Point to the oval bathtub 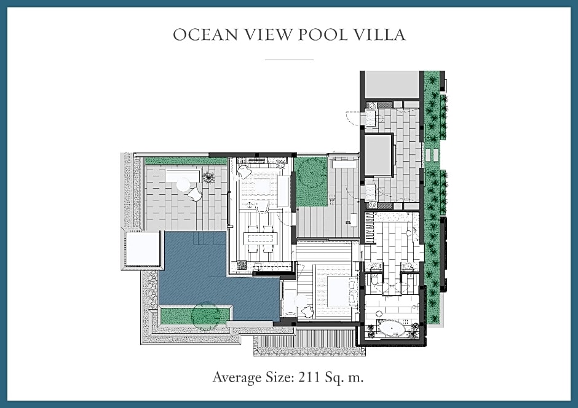point(392,328)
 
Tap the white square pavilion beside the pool point(143,249)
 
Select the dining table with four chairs point(260,238)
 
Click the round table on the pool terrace point(184,184)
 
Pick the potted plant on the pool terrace point(208,178)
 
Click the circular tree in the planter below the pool point(206,315)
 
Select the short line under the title point(290,59)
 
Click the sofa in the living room point(283,190)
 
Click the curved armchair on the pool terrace point(196,194)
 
